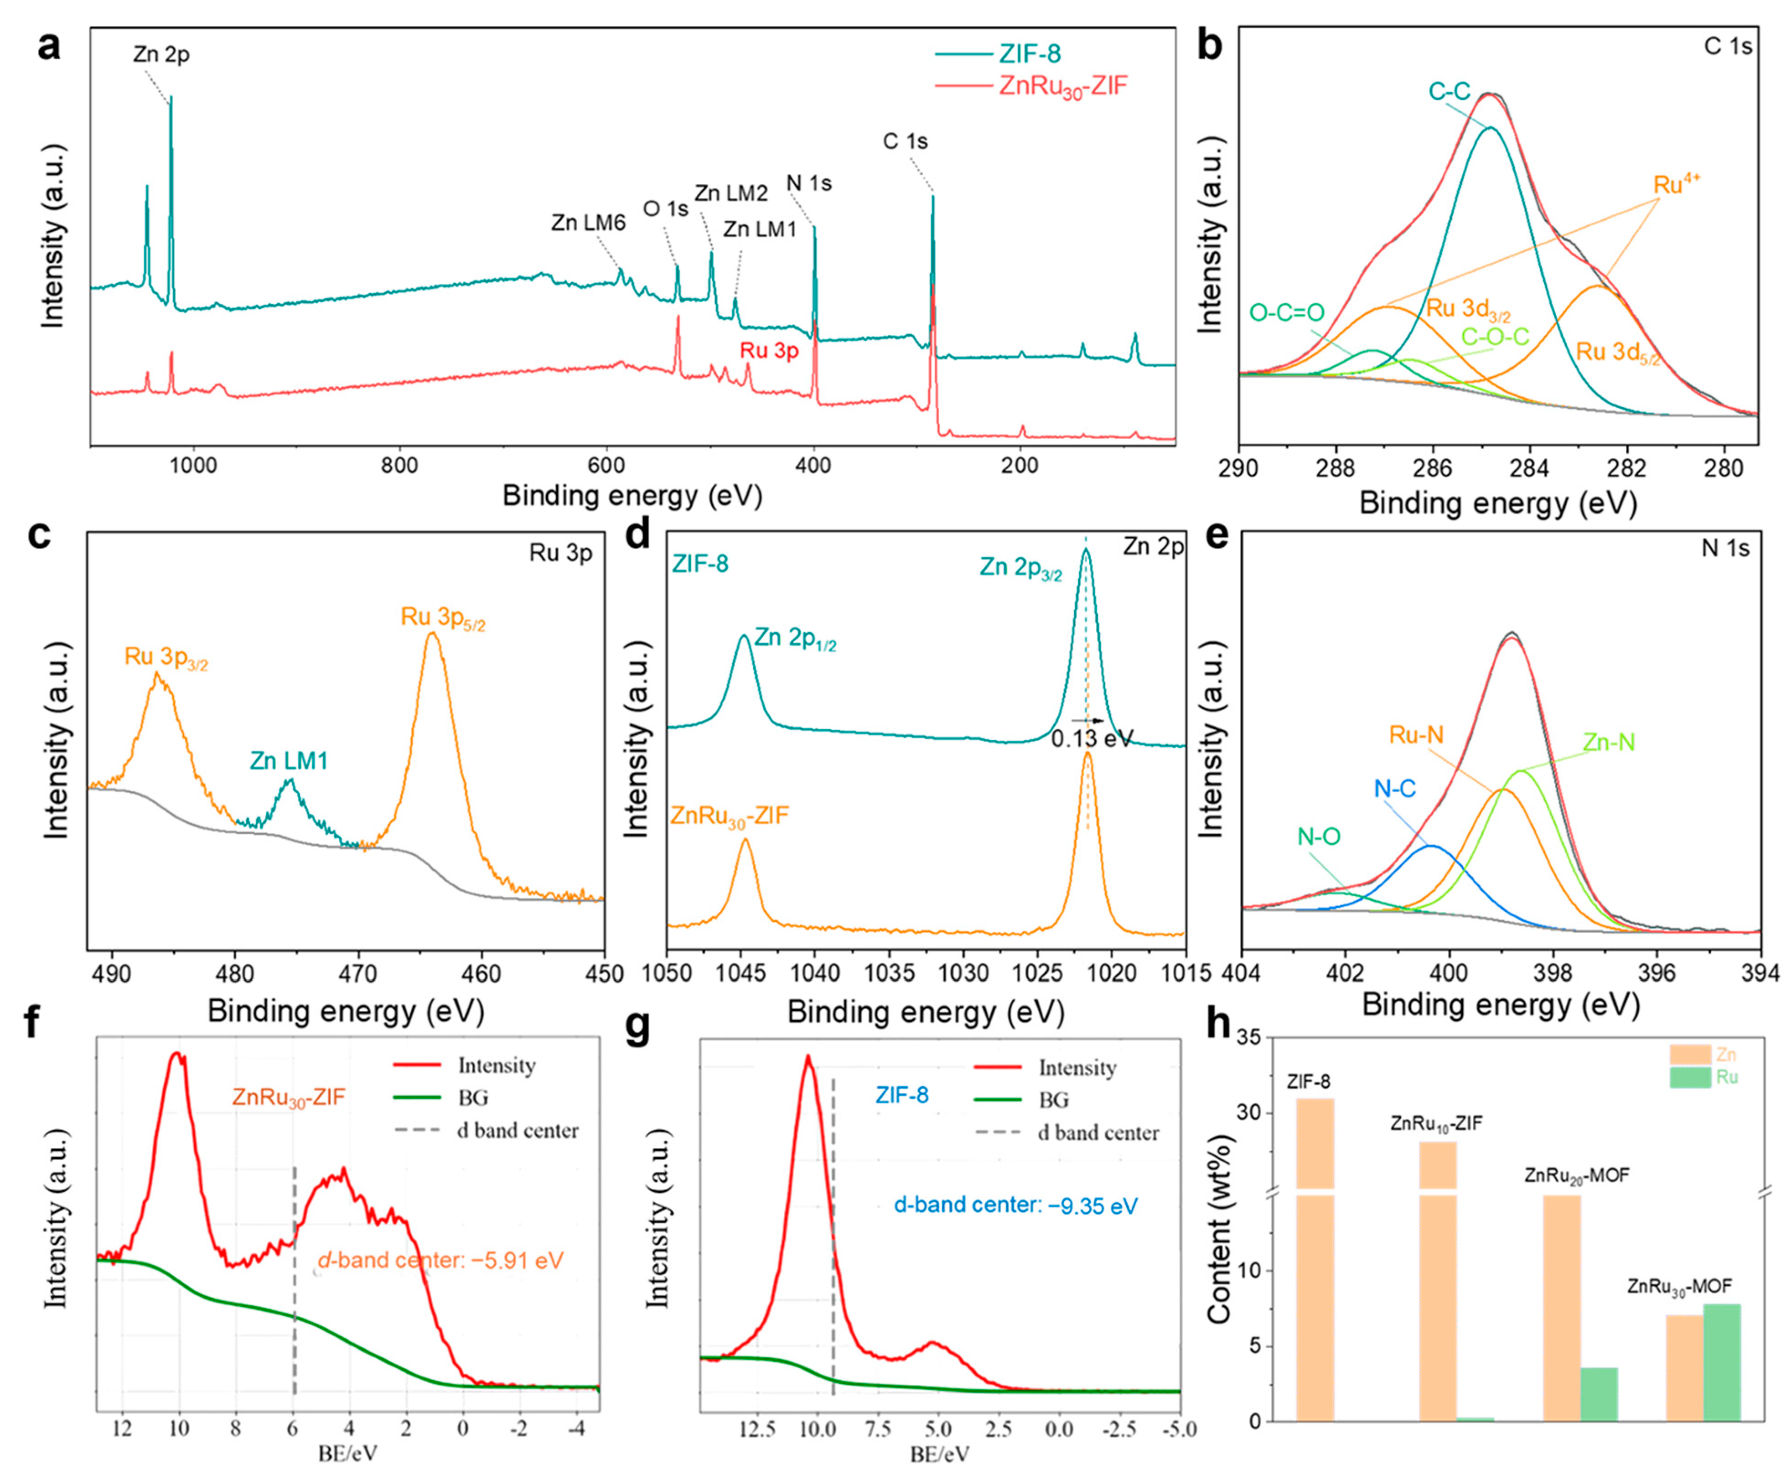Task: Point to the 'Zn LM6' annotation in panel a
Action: click(588, 223)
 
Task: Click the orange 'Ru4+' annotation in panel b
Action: click(1677, 185)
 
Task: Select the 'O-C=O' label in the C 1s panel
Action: click(1287, 313)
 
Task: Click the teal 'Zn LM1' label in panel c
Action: click(288, 761)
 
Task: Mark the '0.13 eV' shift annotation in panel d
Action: click(1092, 739)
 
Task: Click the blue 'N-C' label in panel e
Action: click(1395, 789)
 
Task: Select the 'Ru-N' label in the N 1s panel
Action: click(1415, 734)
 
